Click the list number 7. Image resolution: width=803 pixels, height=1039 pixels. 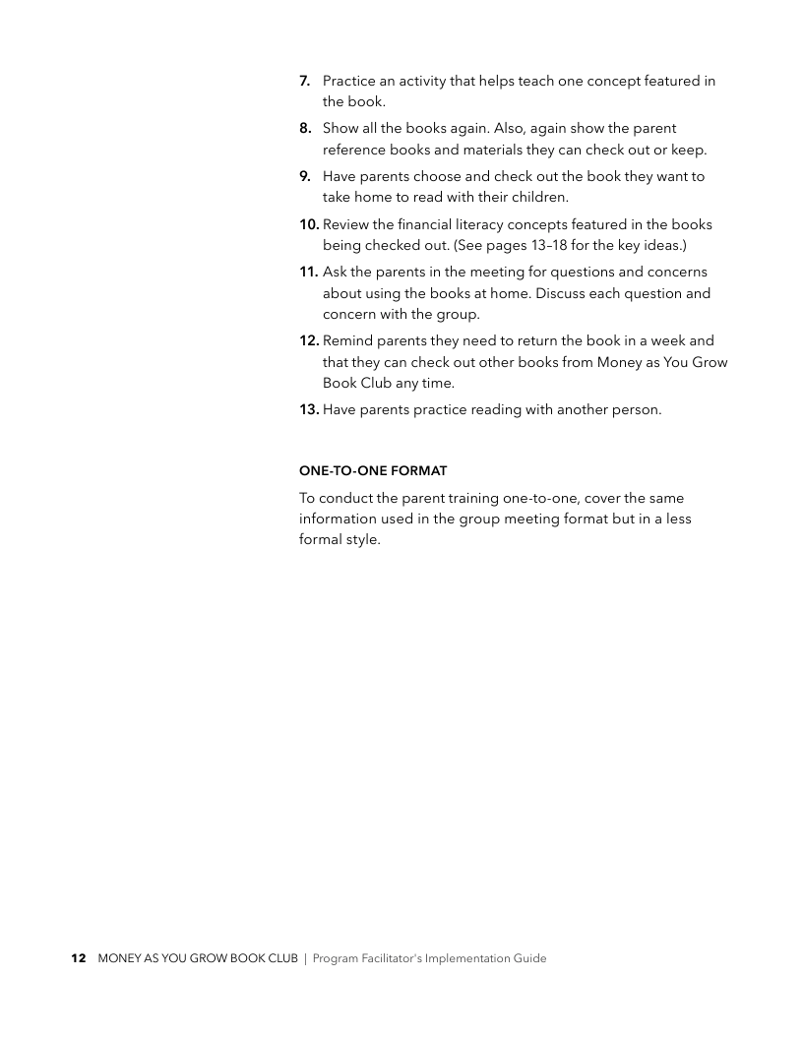pos(305,81)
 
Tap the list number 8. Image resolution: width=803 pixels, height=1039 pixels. pos(305,129)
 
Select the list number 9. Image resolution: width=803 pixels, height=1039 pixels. pos(305,177)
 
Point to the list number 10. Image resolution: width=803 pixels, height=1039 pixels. pos(309,224)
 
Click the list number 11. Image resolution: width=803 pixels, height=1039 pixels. pos(309,272)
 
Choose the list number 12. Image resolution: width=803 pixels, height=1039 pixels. pos(309,340)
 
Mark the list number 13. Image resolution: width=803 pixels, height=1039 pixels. pos(309,409)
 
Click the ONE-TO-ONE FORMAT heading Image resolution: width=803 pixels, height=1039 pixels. pos(373,471)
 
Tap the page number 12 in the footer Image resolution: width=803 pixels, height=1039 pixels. pos(79,958)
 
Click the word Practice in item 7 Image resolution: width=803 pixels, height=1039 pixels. pos(350,81)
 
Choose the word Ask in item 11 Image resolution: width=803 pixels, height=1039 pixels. pos(336,272)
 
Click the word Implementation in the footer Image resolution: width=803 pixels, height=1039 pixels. pos(463,958)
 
